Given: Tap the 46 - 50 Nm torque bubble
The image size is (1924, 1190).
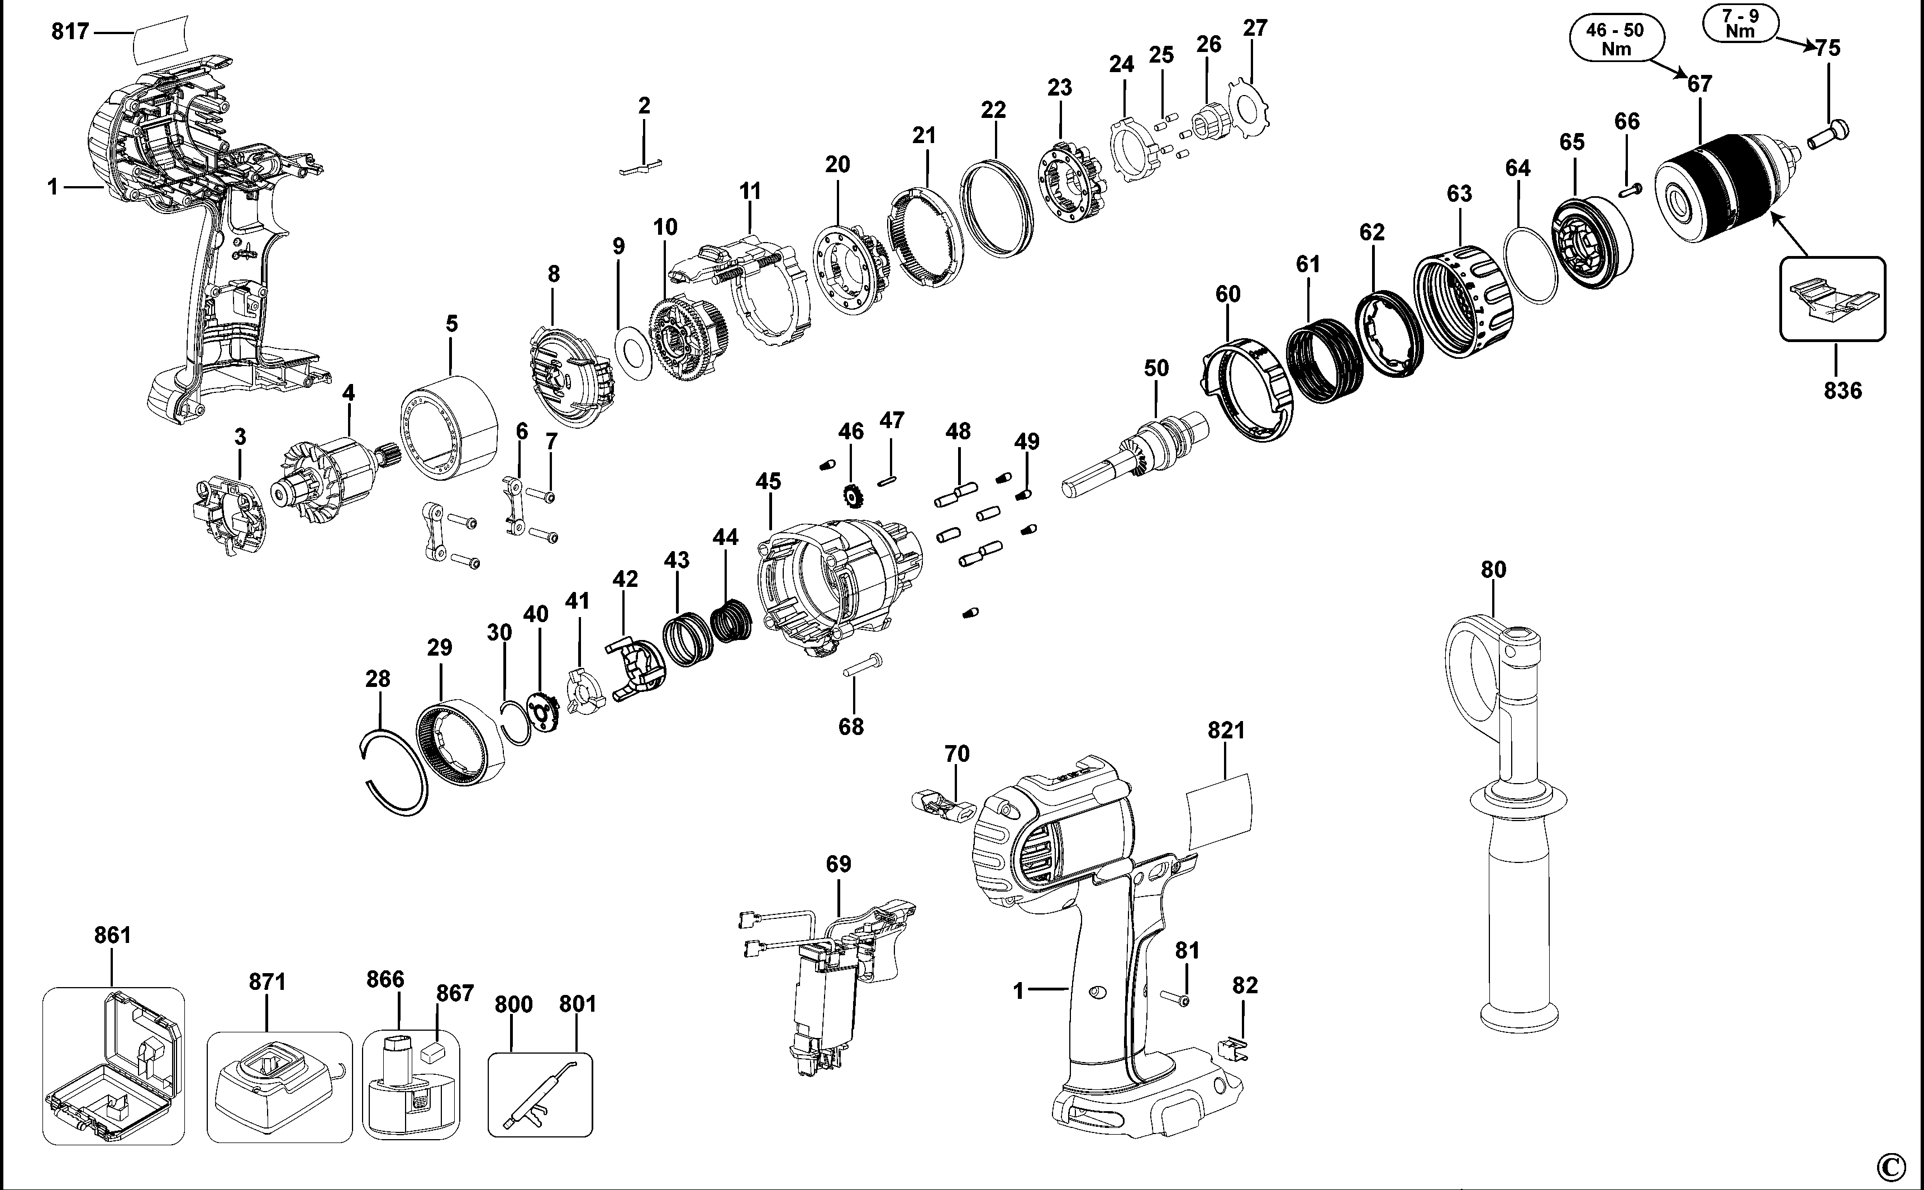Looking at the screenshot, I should tap(1615, 39).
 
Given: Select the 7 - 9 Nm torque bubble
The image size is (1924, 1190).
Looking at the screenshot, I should tap(1740, 23).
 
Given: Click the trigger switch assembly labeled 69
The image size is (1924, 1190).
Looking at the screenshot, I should tap(834, 984).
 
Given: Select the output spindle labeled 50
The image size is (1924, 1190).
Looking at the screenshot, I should tap(1133, 461).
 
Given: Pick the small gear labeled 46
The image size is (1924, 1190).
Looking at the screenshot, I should tap(851, 496).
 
